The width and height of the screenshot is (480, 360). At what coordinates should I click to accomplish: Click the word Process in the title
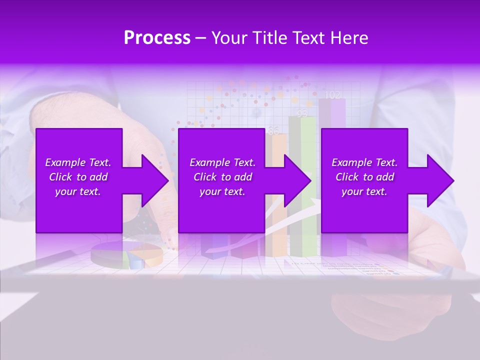(157, 38)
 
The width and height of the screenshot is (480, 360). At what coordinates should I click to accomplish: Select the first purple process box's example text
(78, 177)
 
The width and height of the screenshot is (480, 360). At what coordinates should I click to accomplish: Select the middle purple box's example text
(222, 177)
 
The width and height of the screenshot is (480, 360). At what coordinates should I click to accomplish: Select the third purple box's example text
(364, 177)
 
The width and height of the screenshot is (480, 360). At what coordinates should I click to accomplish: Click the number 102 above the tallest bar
(332, 94)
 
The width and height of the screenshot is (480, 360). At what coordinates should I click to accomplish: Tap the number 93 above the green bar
(302, 114)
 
